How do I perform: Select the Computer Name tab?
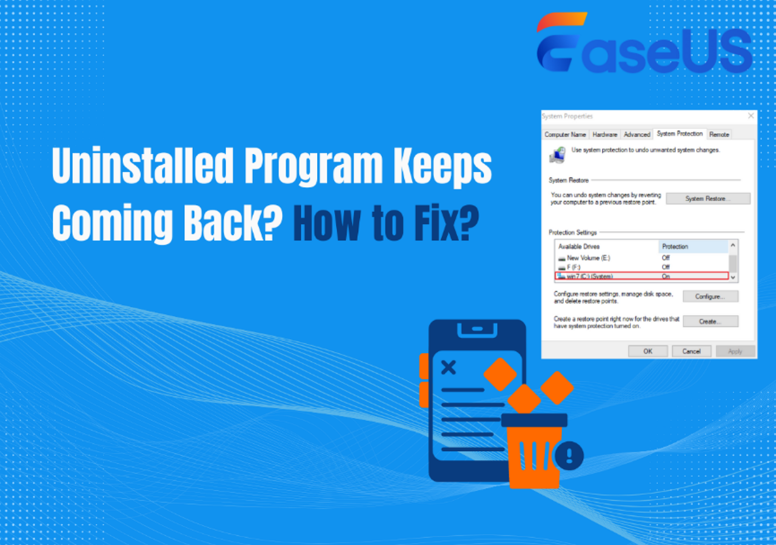pos(565,134)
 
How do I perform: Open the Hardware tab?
pos(604,134)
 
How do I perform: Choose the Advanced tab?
pos(637,134)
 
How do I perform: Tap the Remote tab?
pos(719,134)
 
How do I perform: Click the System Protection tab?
pos(680,134)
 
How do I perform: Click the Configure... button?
pos(710,297)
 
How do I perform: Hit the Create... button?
pos(710,322)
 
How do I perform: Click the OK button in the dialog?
pos(647,351)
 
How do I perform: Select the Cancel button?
pos(691,351)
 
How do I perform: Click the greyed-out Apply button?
pos(735,351)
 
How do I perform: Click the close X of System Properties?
pos(751,116)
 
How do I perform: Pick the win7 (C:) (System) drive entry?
pos(588,276)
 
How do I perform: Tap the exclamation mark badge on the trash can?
pos(569,455)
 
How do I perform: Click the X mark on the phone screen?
pos(449,367)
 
